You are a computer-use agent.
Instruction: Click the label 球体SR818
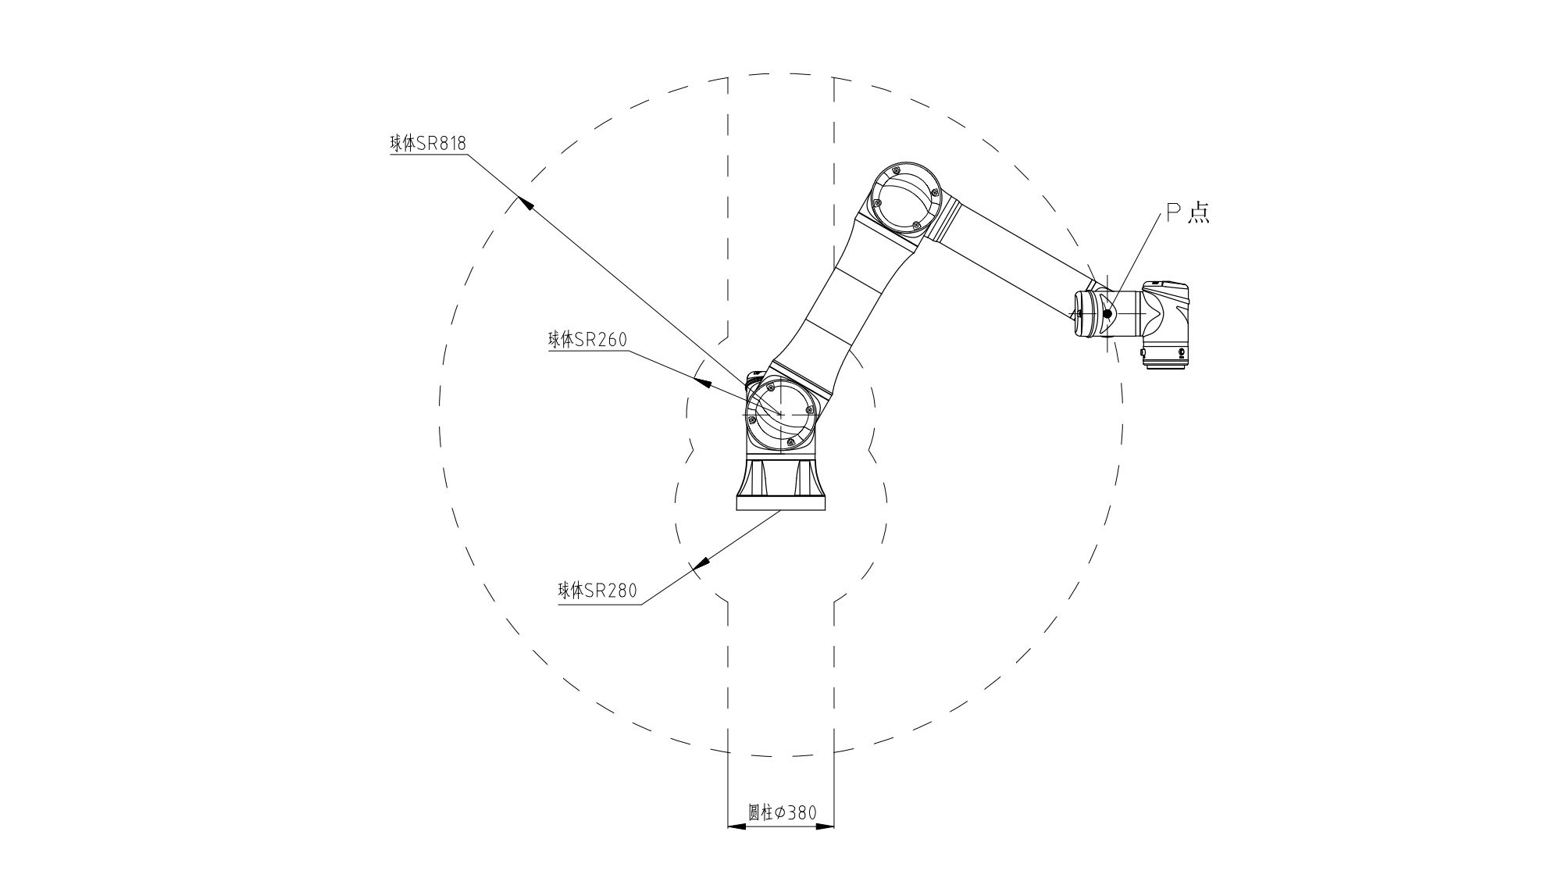(428, 144)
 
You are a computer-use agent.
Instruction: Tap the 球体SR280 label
(597, 591)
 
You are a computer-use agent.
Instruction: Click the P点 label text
(1188, 212)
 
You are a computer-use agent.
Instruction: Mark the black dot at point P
(1107, 314)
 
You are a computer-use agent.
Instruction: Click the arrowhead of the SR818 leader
(526, 203)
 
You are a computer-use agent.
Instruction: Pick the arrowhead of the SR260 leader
(702, 383)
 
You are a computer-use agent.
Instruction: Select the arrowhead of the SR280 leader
(700, 563)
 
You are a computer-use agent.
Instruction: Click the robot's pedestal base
(781, 484)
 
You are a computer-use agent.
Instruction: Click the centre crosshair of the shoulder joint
(781, 412)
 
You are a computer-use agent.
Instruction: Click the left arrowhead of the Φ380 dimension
(737, 826)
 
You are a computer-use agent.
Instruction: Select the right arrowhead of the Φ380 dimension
(825, 826)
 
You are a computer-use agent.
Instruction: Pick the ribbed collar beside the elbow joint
(947, 220)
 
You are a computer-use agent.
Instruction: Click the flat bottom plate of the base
(781, 504)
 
